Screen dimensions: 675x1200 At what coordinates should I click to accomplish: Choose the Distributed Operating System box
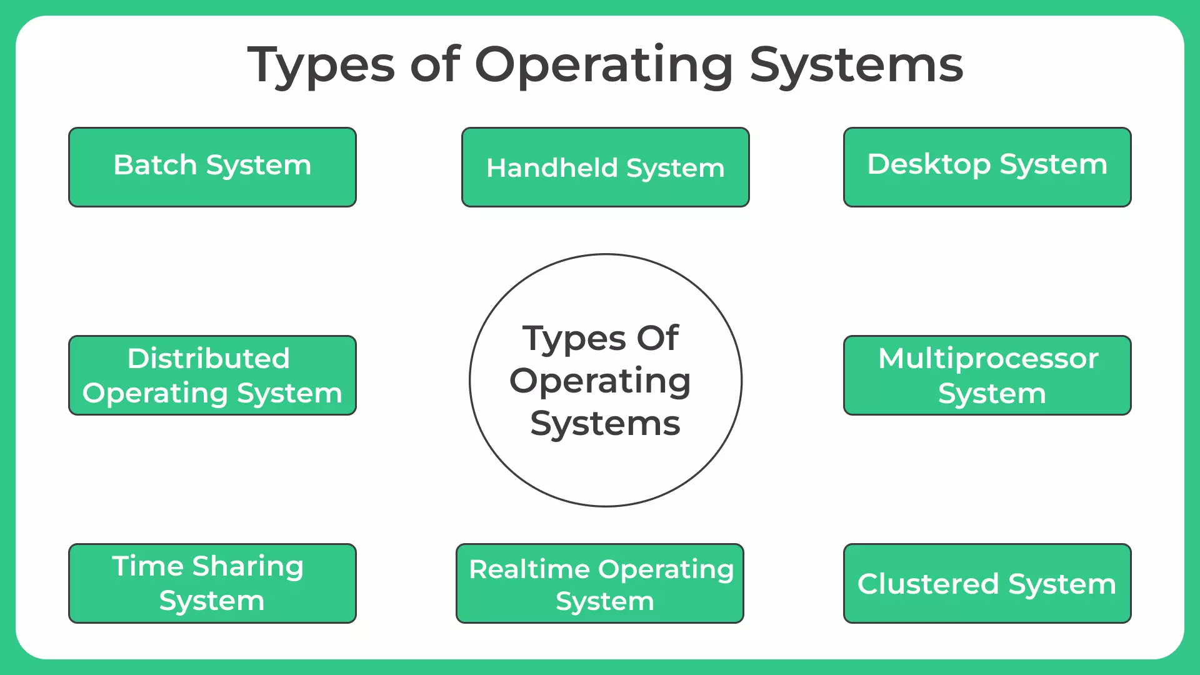pyautogui.click(x=212, y=375)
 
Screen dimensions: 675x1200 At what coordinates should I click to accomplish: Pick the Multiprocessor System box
pyautogui.click(x=987, y=375)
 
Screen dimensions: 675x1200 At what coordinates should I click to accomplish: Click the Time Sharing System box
pyautogui.click(x=212, y=583)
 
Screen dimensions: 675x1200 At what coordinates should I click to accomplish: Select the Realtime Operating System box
pyautogui.click(x=600, y=583)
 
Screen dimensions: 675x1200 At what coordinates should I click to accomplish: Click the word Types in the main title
pyautogui.click(x=321, y=66)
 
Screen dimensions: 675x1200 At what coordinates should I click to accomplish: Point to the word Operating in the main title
pyautogui.click(x=604, y=66)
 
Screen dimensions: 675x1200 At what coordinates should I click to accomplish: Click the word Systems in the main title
pyautogui.click(x=856, y=66)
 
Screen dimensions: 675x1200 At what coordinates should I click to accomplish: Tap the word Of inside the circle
pyautogui.click(x=657, y=338)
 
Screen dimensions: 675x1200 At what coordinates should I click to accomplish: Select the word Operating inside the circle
pyautogui.click(x=600, y=381)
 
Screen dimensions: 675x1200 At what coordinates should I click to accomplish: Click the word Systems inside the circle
pyautogui.click(x=605, y=424)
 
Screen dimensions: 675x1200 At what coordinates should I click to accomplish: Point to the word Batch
pyautogui.click(x=155, y=165)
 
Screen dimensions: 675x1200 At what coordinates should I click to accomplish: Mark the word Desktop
pyautogui.click(x=929, y=164)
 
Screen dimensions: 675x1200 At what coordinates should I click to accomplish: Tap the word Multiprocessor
pyautogui.click(x=988, y=358)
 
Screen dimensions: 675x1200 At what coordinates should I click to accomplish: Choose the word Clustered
pyautogui.click(x=928, y=584)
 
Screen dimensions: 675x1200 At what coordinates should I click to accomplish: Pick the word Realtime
pyautogui.click(x=529, y=569)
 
